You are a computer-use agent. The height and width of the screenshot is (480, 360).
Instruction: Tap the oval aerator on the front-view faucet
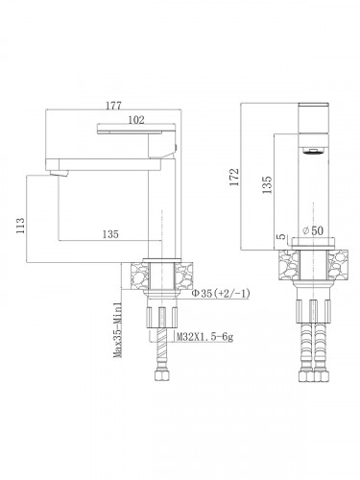(x=309, y=152)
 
